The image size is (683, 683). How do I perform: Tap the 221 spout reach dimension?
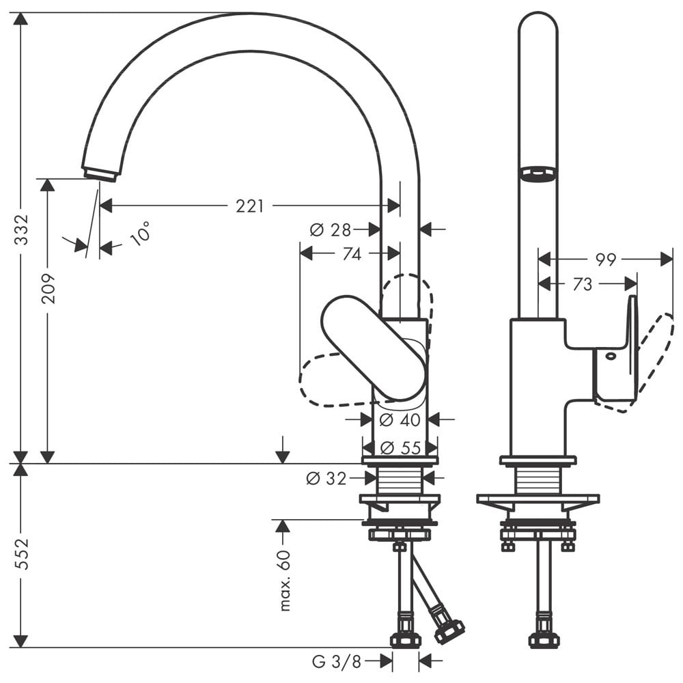pyautogui.click(x=250, y=206)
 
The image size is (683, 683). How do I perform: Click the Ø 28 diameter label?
pyautogui.click(x=330, y=230)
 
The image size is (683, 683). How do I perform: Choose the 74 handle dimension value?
pyautogui.click(x=351, y=254)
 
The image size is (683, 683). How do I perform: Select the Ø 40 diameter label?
pyautogui.click(x=400, y=419)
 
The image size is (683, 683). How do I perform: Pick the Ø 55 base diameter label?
pyautogui.click(x=400, y=448)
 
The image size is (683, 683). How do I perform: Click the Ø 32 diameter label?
pyautogui.click(x=326, y=479)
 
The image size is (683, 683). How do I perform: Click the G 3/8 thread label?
pyautogui.click(x=336, y=661)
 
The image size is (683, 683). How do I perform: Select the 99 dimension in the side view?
pyautogui.click(x=605, y=260)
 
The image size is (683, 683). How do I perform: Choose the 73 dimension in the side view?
pyautogui.click(x=582, y=284)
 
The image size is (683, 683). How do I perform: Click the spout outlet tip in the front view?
pyautogui.click(x=100, y=174)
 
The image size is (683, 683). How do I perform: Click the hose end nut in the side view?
pyautogui.click(x=544, y=640)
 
